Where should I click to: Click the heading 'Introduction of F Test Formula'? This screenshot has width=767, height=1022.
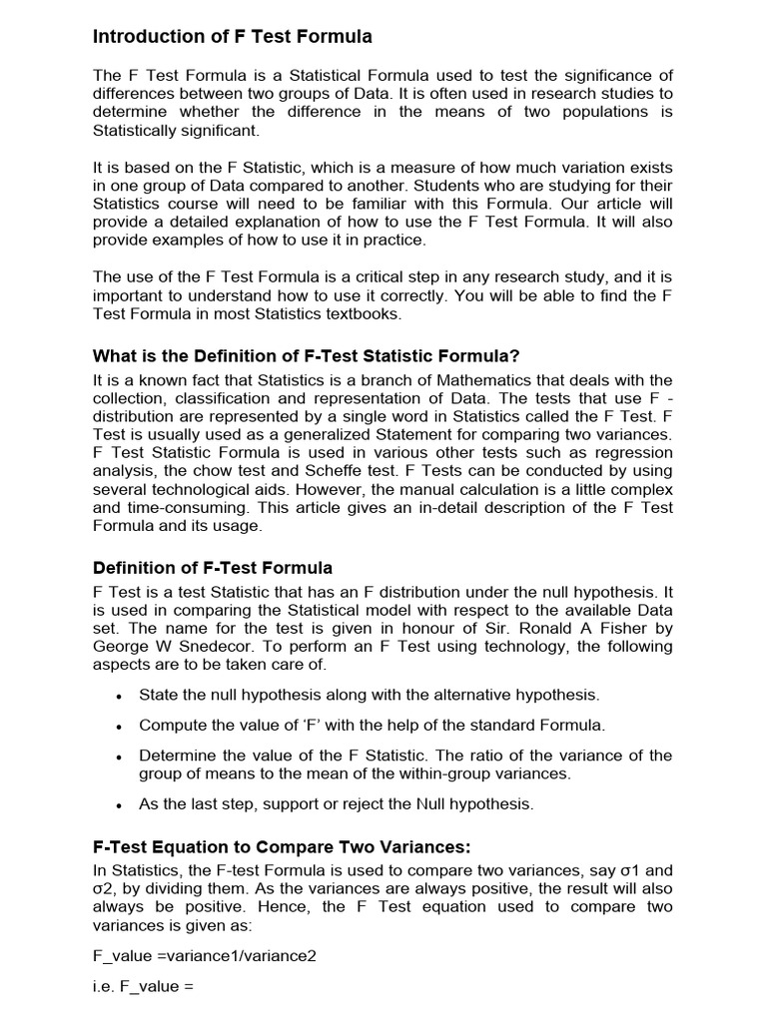coord(232,37)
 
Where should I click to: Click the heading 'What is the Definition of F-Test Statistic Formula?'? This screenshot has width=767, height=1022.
coord(307,356)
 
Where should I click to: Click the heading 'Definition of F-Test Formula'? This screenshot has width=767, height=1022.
coord(212,568)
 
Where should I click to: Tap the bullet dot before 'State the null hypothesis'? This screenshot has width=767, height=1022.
coord(119,696)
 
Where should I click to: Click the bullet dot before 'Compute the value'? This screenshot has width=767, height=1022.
coord(119,727)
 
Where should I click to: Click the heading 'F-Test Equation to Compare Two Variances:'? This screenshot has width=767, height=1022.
coord(281,847)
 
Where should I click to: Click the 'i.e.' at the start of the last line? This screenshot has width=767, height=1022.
coord(104,987)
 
